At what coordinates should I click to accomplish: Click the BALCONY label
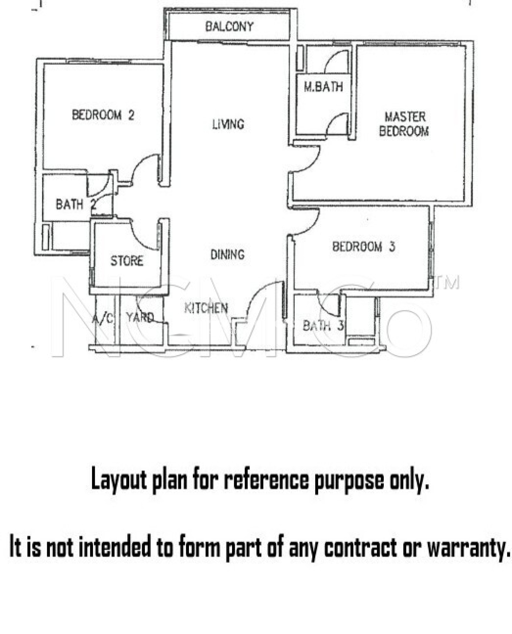[x=229, y=27]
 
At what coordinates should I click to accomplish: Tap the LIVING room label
[x=228, y=124]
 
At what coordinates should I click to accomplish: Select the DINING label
[x=228, y=254]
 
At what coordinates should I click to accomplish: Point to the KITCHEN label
[x=206, y=308]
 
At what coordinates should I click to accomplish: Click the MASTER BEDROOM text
[x=404, y=124]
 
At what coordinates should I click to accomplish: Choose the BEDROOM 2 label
[x=103, y=115]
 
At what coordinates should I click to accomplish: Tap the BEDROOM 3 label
[x=364, y=247]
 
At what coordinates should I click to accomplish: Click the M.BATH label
[x=323, y=87]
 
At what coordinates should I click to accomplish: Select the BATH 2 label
[x=76, y=205]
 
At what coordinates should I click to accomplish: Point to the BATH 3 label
[x=323, y=325]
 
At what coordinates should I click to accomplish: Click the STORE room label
[x=127, y=261]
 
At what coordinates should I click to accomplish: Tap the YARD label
[x=140, y=317]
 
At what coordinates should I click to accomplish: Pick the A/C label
[x=103, y=318]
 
